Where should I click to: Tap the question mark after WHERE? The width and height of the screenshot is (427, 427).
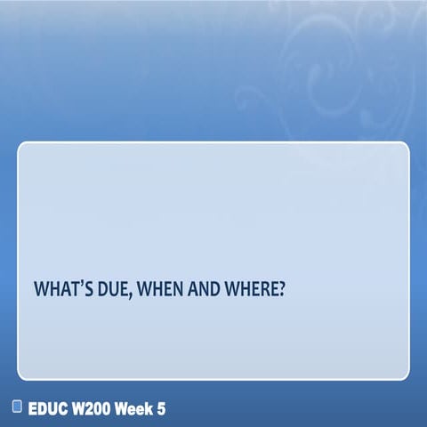[280, 290]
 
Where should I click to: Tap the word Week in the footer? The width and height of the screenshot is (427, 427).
[138, 408]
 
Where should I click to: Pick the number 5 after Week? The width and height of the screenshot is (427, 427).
[161, 408]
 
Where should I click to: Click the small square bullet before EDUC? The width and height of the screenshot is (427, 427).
[17, 407]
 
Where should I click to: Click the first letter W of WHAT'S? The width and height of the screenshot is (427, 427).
[41, 290]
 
